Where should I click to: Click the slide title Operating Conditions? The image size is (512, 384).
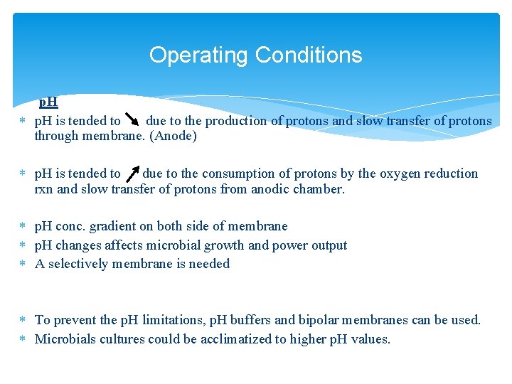tap(255, 55)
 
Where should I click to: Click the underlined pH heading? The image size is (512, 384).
tap(48, 102)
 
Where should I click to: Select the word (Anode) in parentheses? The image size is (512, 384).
tap(173, 136)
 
